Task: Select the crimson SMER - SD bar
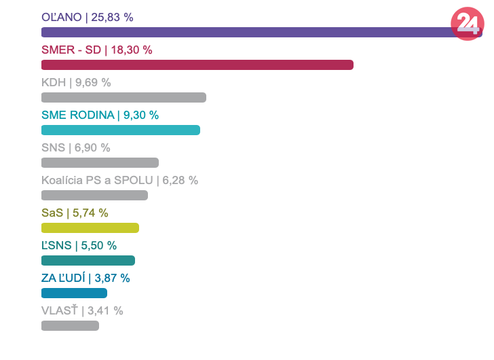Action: click(x=197, y=65)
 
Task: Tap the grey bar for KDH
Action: click(x=123, y=97)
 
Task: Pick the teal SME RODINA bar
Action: click(x=121, y=130)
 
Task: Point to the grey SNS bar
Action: click(x=100, y=162)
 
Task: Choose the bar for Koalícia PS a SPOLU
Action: click(x=94, y=195)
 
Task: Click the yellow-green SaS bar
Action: click(x=90, y=228)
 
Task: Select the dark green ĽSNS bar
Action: click(x=88, y=260)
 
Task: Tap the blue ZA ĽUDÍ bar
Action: click(x=74, y=293)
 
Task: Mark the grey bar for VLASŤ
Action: click(x=70, y=325)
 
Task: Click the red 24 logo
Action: click(x=468, y=24)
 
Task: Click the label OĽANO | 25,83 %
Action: click(x=88, y=17)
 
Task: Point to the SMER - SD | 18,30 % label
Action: click(x=97, y=50)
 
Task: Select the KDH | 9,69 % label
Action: click(x=76, y=82)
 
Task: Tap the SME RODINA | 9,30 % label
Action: click(x=100, y=115)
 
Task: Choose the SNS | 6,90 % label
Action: click(x=75, y=147)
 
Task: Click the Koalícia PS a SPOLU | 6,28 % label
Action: click(x=119, y=180)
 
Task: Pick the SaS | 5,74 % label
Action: click(x=75, y=213)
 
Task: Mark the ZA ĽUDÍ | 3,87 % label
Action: click(x=85, y=278)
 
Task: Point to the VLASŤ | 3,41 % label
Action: click(x=82, y=310)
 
